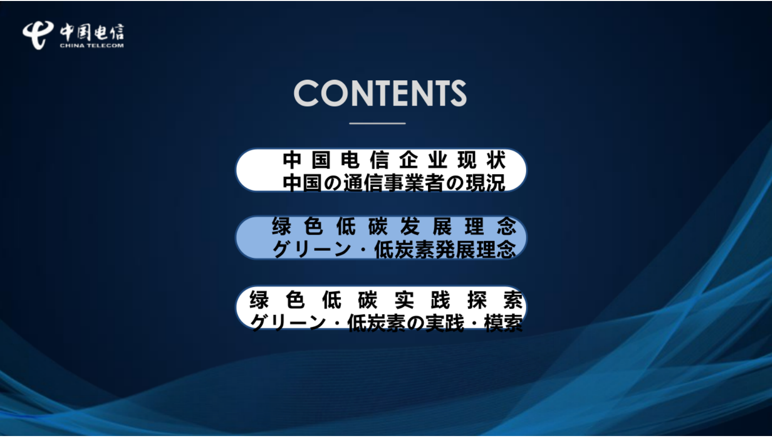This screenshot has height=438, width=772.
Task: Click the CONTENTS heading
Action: pyautogui.click(x=380, y=93)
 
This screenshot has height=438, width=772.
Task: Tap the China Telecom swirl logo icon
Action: pyautogui.click(x=37, y=35)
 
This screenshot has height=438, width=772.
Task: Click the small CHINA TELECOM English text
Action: pyautogui.click(x=91, y=46)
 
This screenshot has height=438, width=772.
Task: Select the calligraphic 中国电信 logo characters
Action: pyautogui.click(x=92, y=32)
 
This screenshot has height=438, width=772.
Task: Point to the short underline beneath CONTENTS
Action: pyautogui.click(x=377, y=124)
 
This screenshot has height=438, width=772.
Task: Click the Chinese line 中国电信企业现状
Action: pyautogui.click(x=394, y=160)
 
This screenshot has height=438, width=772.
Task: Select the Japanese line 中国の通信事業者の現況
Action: pyautogui.click(x=394, y=183)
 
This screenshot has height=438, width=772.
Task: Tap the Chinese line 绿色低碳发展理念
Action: pyautogui.click(x=394, y=226)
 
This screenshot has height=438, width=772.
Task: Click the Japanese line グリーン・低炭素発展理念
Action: pyautogui.click(x=394, y=249)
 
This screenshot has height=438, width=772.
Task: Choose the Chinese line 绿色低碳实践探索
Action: pyautogui.click(x=386, y=300)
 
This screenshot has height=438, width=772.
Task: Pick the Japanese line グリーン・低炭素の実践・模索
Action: pyautogui.click(x=386, y=322)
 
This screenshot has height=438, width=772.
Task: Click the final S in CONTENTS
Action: pyautogui.click(x=458, y=93)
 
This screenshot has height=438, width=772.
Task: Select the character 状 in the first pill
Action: pyautogui.click(x=496, y=160)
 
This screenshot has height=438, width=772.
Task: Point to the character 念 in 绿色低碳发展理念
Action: pyautogui.click(x=506, y=226)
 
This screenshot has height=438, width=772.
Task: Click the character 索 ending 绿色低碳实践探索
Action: pyautogui.click(x=513, y=300)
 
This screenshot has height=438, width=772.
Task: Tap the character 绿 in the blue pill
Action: pyautogui.click(x=282, y=226)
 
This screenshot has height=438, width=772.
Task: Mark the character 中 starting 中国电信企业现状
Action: pyautogui.click(x=292, y=160)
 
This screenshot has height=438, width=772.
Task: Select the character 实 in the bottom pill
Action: pyautogui.click(x=404, y=300)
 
